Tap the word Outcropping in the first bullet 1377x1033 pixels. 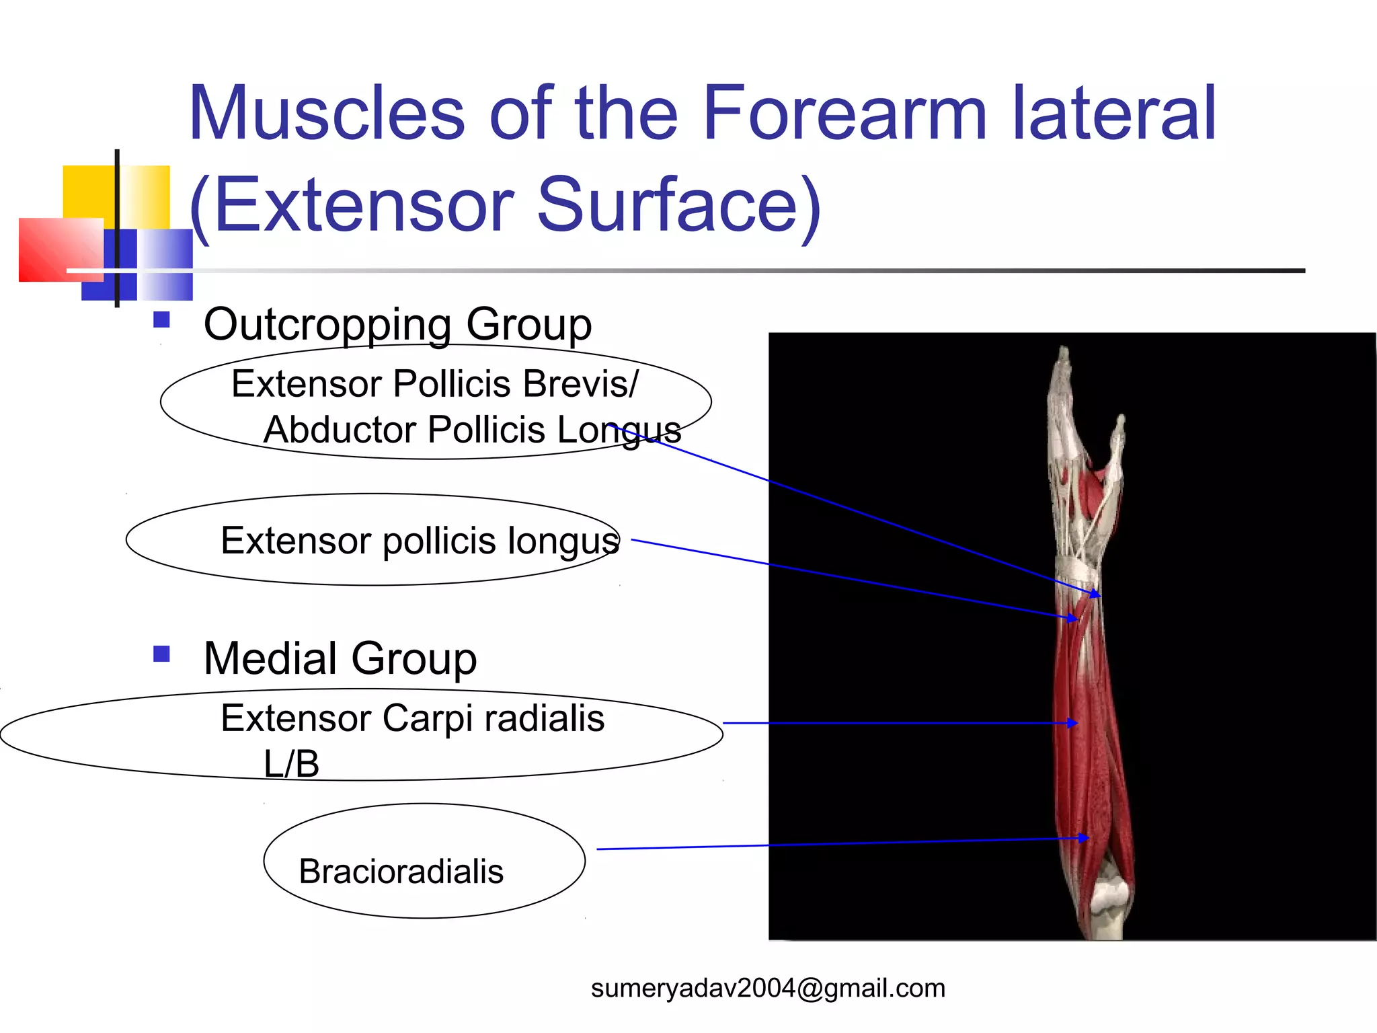coord(327,325)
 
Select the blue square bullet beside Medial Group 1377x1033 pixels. coord(161,654)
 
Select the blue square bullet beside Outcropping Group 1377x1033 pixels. coord(161,319)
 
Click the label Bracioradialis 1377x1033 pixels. coord(401,872)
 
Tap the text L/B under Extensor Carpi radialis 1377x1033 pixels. coord(291,765)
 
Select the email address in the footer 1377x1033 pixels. coord(768,988)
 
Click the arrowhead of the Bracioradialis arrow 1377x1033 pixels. coord(1084,838)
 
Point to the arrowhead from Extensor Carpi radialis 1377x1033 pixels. coord(1073,723)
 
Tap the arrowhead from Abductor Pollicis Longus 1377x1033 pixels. coord(1096,594)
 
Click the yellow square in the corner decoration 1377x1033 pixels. coord(87,192)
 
